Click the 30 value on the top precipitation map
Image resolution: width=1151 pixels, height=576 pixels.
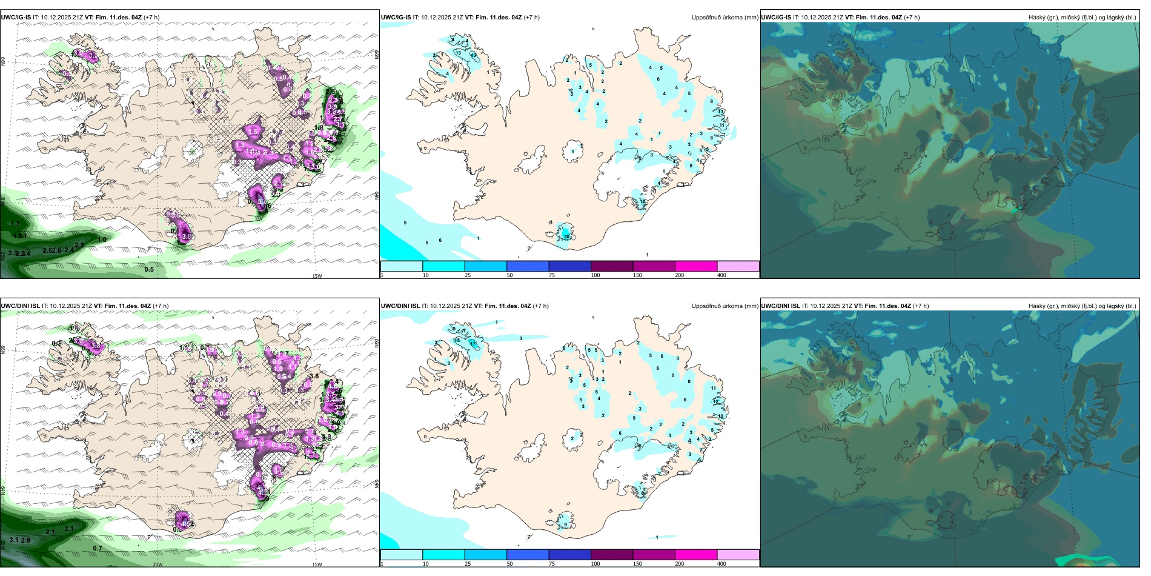tap(567, 237)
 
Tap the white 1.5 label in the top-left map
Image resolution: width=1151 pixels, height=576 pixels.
tap(253, 132)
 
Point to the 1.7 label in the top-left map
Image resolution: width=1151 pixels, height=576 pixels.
tap(16, 224)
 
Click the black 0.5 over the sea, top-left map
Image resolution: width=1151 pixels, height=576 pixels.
tap(149, 269)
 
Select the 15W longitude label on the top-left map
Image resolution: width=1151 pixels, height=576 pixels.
tap(317, 276)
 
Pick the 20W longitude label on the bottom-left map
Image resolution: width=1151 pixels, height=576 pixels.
tap(158, 564)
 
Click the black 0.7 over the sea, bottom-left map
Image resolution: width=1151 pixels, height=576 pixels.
tap(98, 548)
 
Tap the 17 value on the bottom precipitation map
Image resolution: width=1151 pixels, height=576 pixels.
tap(473, 344)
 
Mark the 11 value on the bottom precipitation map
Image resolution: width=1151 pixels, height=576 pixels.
tap(714, 388)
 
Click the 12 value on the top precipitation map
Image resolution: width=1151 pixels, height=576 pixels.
tap(643, 201)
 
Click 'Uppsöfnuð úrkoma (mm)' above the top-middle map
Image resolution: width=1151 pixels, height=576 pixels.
tap(725, 18)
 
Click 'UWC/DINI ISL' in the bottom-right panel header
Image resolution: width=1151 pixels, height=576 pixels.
tap(781, 306)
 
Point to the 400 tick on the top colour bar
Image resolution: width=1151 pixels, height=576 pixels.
tap(721, 275)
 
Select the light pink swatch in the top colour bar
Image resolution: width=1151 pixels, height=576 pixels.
tap(738, 266)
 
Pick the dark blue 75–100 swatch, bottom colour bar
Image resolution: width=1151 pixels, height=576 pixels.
tap(569, 555)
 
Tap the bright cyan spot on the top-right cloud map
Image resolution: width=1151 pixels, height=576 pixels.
tap(1017, 209)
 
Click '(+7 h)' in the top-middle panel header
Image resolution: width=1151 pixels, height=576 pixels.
tap(531, 18)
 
